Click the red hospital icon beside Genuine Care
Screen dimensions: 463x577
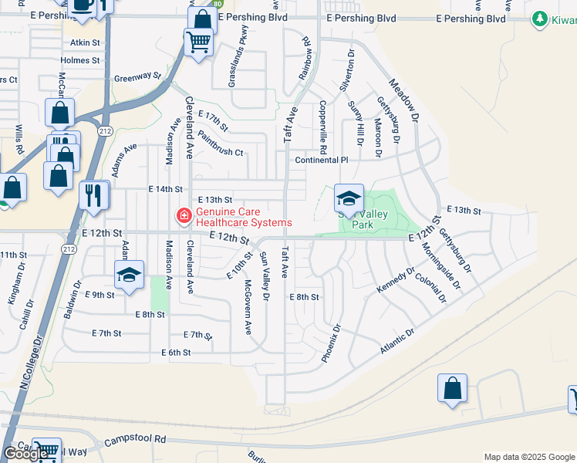[184, 216]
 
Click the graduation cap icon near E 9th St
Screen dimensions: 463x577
[129, 275]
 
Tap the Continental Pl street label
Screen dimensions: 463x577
[322, 161]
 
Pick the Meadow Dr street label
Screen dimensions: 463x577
[403, 101]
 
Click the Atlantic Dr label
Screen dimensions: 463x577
[397, 342]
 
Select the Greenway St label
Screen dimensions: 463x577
[137, 77]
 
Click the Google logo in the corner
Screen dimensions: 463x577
[26, 454]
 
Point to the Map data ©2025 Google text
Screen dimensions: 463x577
[529, 457]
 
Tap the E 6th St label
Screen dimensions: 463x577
[176, 353]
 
